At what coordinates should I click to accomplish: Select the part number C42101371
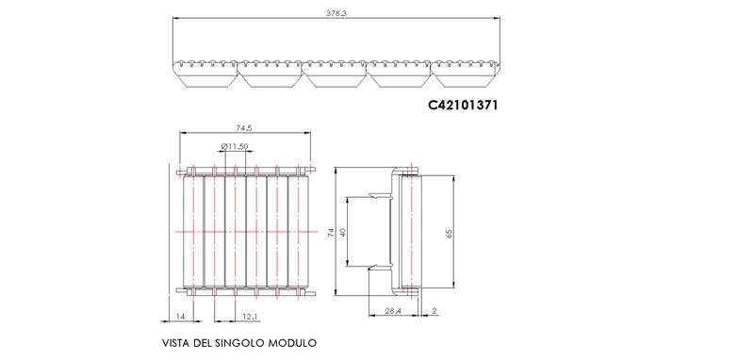[463, 106]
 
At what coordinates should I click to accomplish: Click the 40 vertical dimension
[343, 232]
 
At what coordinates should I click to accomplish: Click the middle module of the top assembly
[336, 73]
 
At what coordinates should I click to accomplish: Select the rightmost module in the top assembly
[465, 73]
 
